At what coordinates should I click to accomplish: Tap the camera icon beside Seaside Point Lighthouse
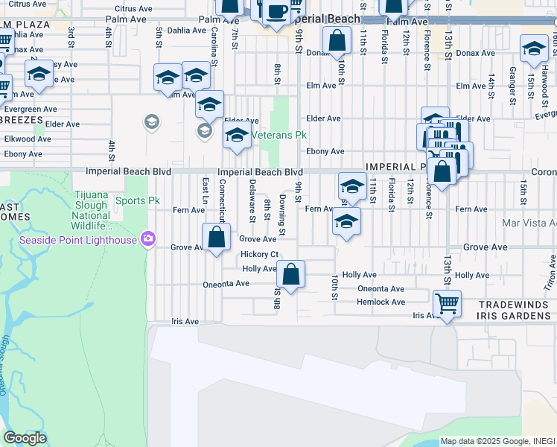(149, 239)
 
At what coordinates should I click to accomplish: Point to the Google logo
(25, 438)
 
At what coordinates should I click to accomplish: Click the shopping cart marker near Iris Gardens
(447, 303)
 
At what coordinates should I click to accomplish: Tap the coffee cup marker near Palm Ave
(277, 13)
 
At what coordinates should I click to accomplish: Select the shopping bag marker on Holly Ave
(292, 274)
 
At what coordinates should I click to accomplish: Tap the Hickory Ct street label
(260, 255)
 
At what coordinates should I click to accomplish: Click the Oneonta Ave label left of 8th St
(226, 284)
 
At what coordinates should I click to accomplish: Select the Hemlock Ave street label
(381, 302)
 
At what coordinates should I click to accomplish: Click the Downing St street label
(283, 215)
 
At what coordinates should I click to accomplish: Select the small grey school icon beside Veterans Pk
(204, 131)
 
